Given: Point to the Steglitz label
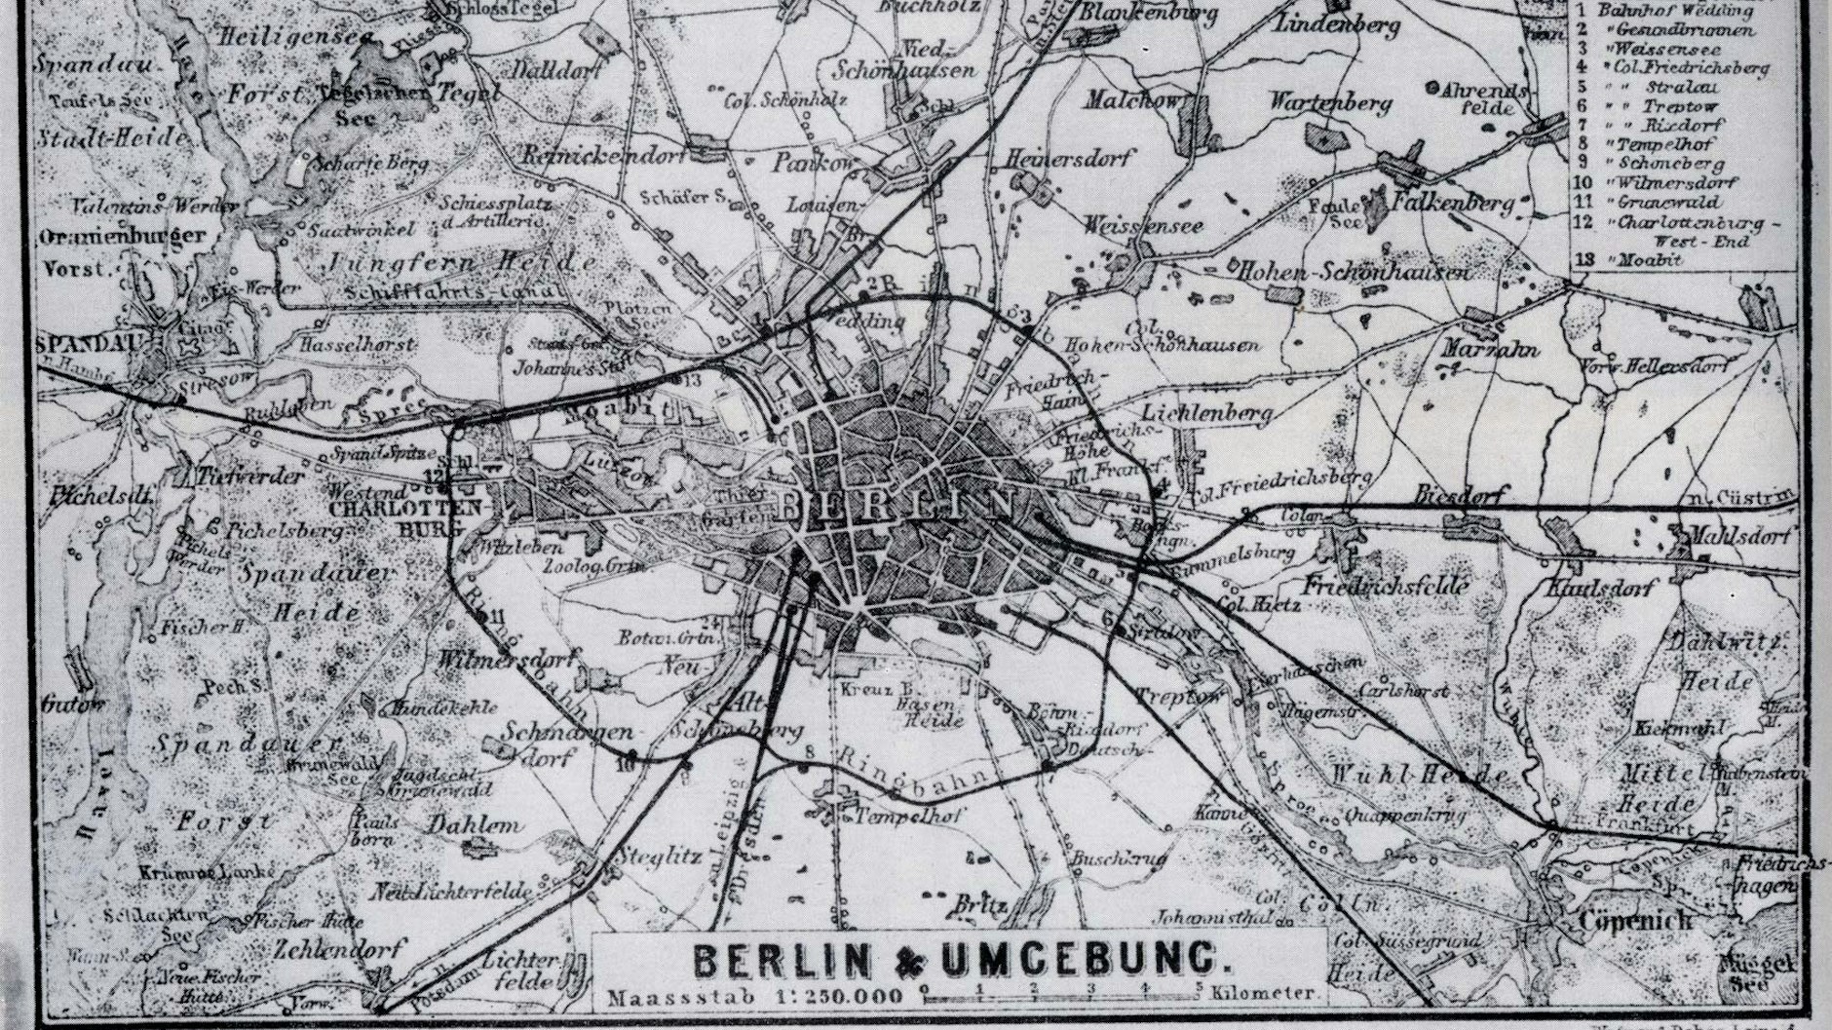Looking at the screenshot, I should click(662, 857).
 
